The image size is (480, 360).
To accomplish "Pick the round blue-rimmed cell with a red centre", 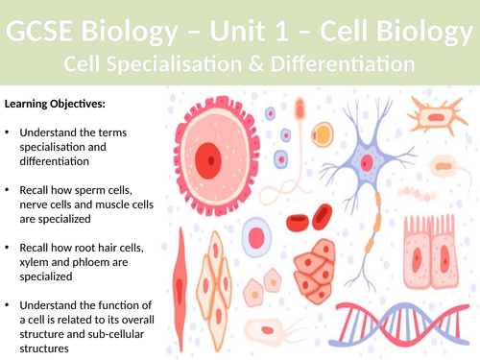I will [256, 236].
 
